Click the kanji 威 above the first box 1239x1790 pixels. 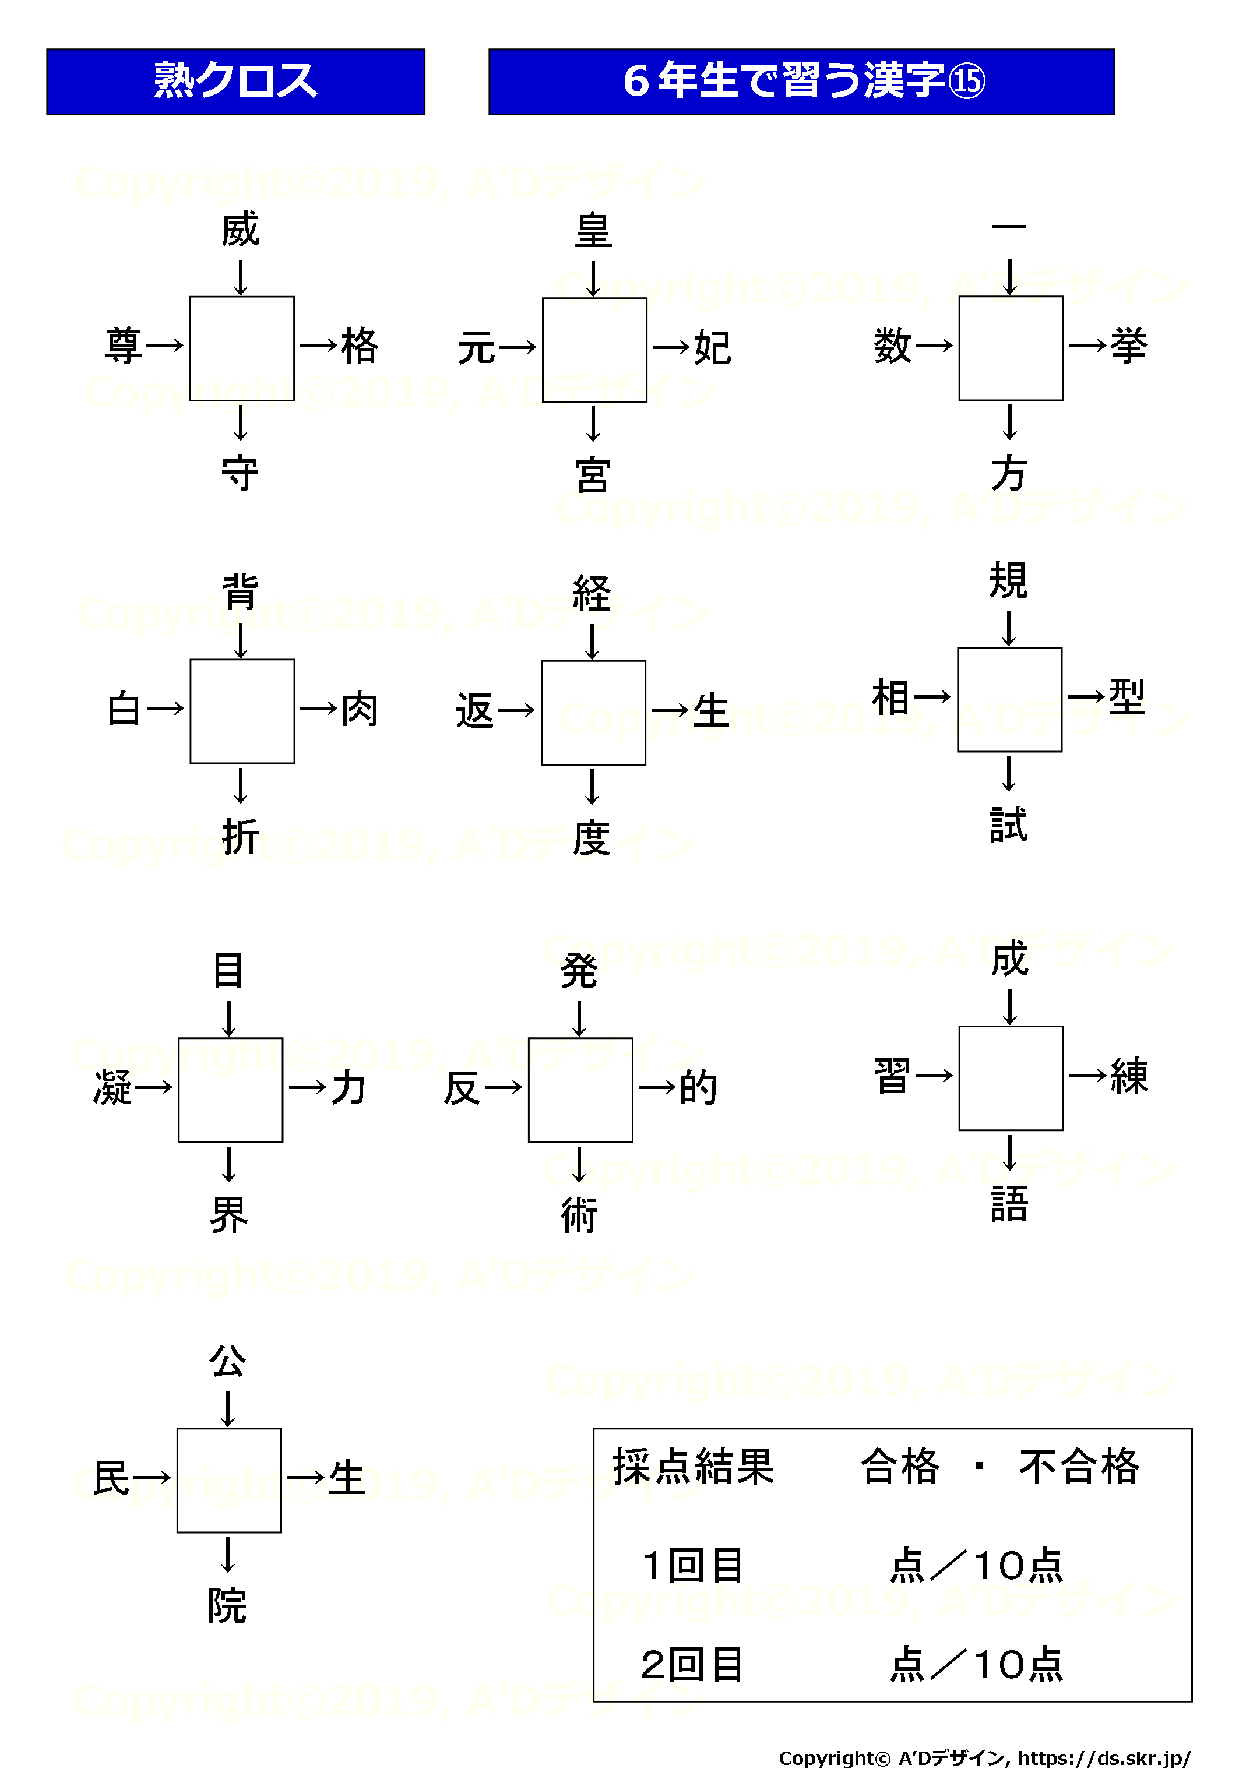click(240, 229)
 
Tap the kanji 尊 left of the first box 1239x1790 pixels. click(124, 346)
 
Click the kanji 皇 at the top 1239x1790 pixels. click(593, 231)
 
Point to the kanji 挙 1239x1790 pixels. click(1128, 346)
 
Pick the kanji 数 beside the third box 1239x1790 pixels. click(893, 346)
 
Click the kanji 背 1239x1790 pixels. click(240, 592)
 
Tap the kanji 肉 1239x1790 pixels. click(360, 710)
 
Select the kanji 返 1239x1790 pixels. click(475, 711)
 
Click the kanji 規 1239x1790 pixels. click(1008, 580)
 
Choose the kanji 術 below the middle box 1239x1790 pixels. click(579, 1215)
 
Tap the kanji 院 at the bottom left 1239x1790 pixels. click(227, 1605)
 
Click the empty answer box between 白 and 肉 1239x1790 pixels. click(242, 711)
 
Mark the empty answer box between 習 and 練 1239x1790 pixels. click(1011, 1078)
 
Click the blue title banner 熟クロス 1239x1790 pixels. click(236, 82)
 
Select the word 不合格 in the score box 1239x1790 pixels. click(1079, 1467)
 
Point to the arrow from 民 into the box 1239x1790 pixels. click(152, 1477)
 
